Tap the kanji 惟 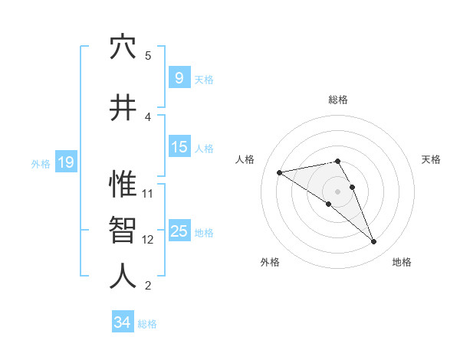[123, 185]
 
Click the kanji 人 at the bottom [123, 277]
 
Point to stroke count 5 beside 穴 [148, 56]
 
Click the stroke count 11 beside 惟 [148, 193]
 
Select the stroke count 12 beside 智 [148, 240]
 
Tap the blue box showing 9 [179, 78]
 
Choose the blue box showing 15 [179, 147]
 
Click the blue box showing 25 [179, 231]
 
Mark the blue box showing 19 [65, 162]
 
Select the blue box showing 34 [122, 322]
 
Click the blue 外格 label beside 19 [40, 163]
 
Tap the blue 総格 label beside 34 [147, 324]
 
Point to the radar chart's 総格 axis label [337, 100]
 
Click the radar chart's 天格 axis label [431, 159]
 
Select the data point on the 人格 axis [280, 172]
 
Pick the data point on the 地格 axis [373, 242]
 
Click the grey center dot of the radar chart [337, 191]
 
